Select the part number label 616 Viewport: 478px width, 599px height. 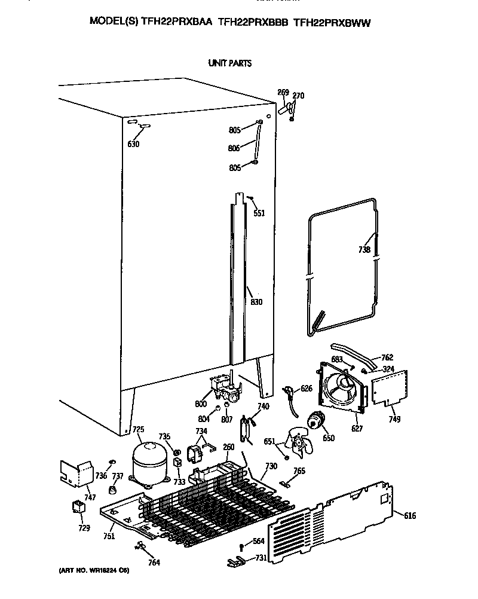pyautogui.click(x=410, y=516)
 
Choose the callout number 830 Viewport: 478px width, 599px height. pyautogui.click(x=256, y=302)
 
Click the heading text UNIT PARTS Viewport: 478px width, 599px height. pyautogui.click(x=229, y=63)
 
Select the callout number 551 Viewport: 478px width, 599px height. pyautogui.click(x=259, y=213)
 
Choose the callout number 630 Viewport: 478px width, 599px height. pyautogui.click(x=133, y=145)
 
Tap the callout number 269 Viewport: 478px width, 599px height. pyautogui.click(x=283, y=92)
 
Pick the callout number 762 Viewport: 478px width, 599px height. pyautogui.click(x=387, y=357)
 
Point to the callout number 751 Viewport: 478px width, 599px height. pyautogui.click(x=108, y=537)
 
